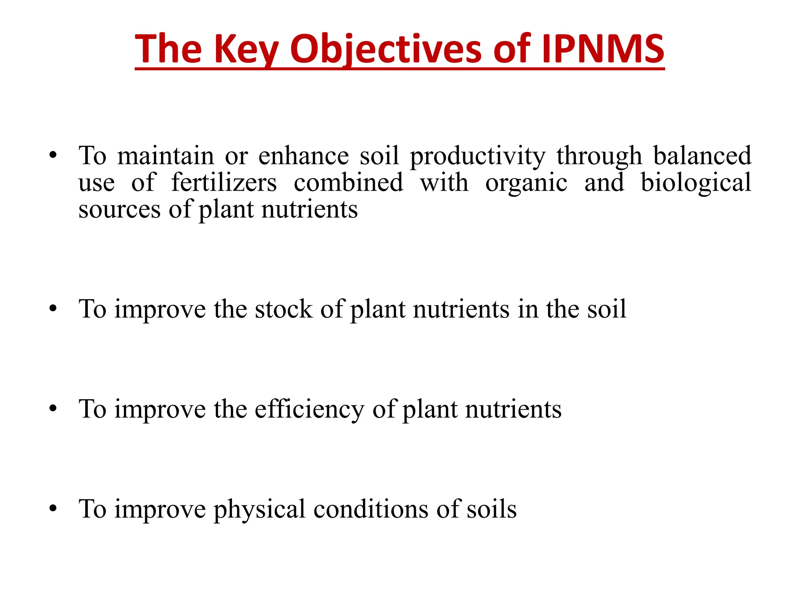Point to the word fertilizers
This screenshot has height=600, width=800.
tap(224, 183)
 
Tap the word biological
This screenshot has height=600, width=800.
tap(696, 183)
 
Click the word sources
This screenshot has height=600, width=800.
tap(119, 210)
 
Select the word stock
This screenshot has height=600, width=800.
tap(284, 309)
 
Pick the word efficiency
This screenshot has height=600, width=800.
tap(309, 409)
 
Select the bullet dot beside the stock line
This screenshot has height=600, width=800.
tap(53, 309)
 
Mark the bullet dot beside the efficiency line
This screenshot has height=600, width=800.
tap(53, 409)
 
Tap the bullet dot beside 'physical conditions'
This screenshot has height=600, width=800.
tap(53, 509)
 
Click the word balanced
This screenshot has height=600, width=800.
tap(702, 155)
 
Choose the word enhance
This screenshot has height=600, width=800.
tap(304, 155)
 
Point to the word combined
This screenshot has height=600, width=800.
tap(348, 183)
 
